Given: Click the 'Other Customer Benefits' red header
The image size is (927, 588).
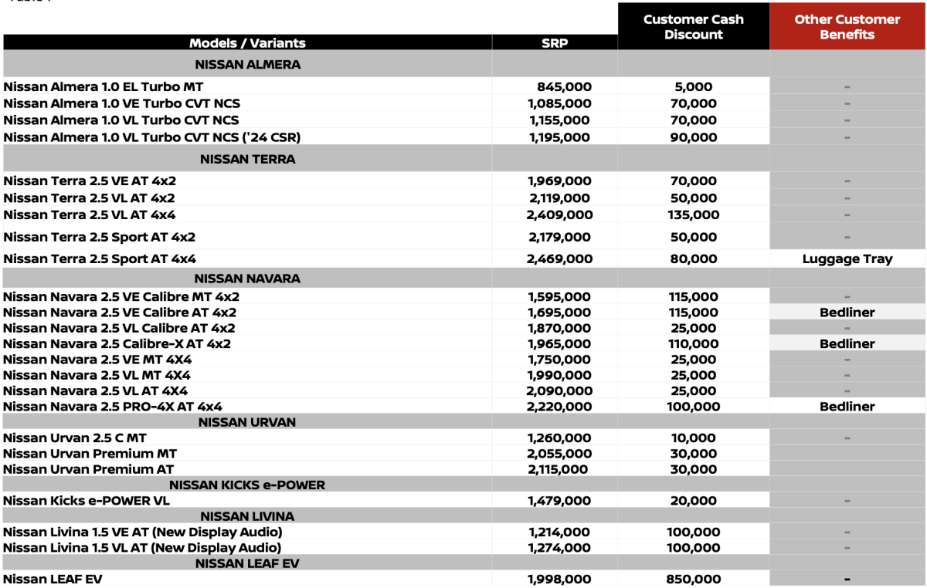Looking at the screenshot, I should tap(847, 27).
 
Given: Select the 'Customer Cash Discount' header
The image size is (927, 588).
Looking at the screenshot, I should tap(694, 27).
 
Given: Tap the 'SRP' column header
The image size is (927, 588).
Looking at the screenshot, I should tap(555, 43).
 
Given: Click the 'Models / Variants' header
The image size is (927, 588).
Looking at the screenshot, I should tap(247, 43).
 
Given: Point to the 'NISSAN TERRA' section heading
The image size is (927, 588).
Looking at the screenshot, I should tap(247, 160).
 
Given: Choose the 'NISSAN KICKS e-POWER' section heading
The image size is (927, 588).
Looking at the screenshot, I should tap(247, 485).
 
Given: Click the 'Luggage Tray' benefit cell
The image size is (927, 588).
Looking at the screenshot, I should tap(847, 259).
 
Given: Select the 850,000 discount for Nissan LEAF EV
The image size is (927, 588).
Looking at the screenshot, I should tap(694, 580).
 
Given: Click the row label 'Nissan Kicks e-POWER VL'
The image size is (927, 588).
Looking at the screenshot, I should tap(87, 501).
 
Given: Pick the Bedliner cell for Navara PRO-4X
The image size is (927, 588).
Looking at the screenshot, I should tap(847, 407).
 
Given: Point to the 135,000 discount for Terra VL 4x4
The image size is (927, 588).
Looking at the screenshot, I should tap(694, 215).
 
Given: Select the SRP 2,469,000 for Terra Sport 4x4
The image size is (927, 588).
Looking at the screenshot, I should tap(560, 259).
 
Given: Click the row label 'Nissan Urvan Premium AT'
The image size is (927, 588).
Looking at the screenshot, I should tap(89, 469).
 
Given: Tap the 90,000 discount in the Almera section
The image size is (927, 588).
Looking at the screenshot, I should tap(694, 137).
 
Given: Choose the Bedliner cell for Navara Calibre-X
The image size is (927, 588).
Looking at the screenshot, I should tap(847, 344).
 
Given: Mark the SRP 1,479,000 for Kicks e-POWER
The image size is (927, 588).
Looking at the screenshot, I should tap(560, 501).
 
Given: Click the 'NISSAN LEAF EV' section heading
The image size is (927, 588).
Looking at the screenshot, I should tap(247, 564).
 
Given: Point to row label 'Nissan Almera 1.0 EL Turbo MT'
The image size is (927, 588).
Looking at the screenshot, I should tap(104, 87).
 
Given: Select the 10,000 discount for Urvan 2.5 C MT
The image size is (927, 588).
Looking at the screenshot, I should tap(694, 438).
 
